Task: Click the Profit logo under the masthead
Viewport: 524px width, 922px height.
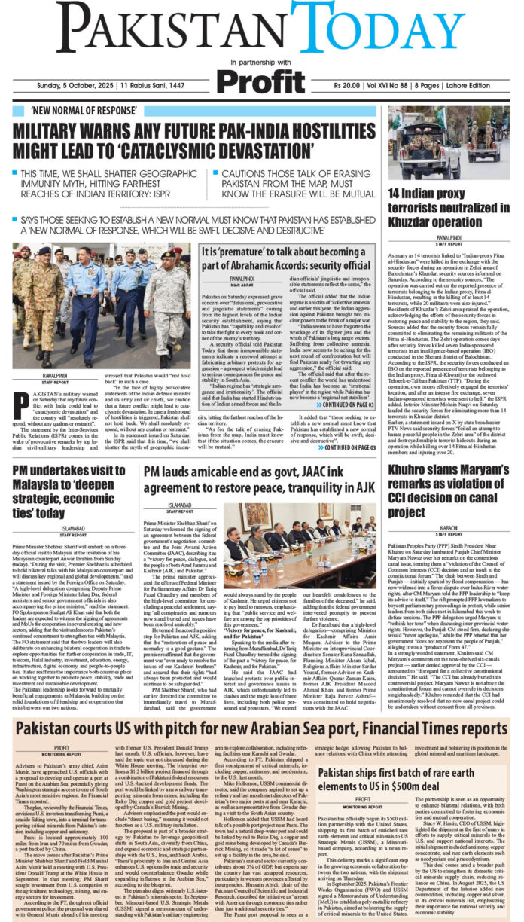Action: [263, 81]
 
